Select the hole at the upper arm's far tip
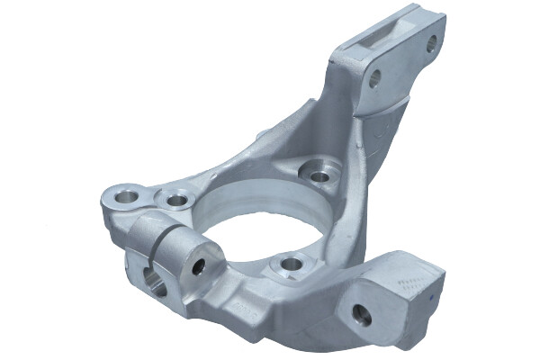point(430,41)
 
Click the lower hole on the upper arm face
point(373,78)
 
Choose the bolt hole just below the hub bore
point(291,264)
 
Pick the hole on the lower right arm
point(361,314)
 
